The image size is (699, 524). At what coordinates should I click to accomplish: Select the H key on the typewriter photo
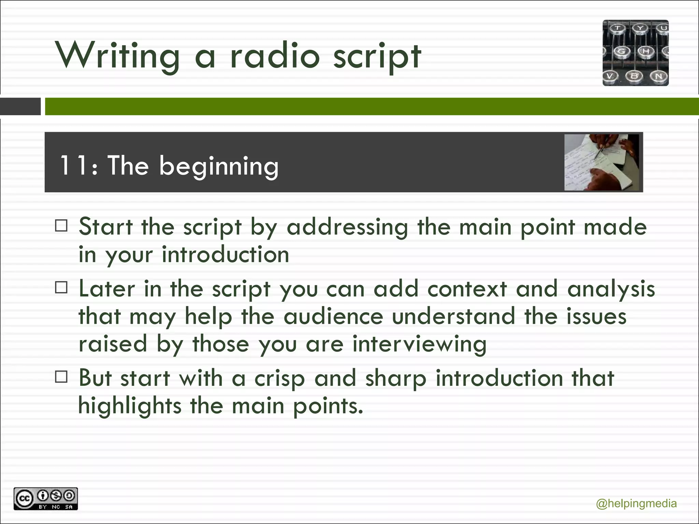pyautogui.click(x=646, y=52)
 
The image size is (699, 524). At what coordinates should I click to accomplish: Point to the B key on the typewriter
pyautogui.click(x=634, y=76)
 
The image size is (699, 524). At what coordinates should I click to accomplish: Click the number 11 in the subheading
pyautogui.click(x=73, y=166)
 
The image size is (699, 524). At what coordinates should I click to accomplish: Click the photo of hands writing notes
pyautogui.click(x=601, y=162)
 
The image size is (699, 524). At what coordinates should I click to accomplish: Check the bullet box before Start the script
pyautogui.click(x=61, y=226)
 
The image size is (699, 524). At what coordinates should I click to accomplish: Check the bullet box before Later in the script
pyautogui.click(x=61, y=288)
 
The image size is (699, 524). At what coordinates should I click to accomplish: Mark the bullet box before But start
pyautogui.click(x=61, y=377)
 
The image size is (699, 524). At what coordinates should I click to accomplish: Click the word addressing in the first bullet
pyautogui.click(x=347, y=227)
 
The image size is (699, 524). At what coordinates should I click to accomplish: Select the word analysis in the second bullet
pyautogui.click(x=611, y=289)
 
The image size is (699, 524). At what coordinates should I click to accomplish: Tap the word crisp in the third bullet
pyautogui.click(x=279, y=379)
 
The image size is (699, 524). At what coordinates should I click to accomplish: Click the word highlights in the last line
pyautogui.click(x=130, y=406)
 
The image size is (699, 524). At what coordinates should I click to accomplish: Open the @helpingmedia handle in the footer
pyautogui.click(x=636, y=504)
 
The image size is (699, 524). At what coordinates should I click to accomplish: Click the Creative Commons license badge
pyautogui.click(x=46, y=499)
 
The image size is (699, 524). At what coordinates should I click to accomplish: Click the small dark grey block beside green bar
pyautogui.click(x=20, y=106)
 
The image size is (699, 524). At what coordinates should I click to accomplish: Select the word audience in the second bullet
pyautogui.click(x=333, y=317)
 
